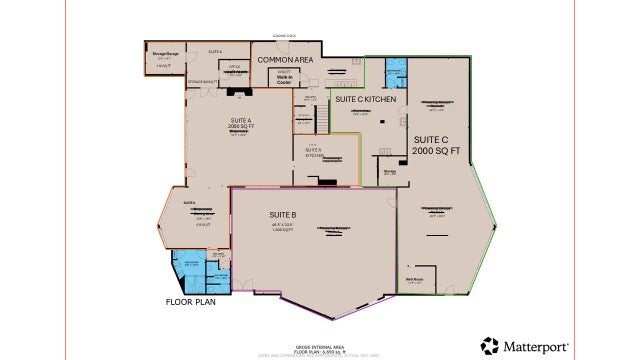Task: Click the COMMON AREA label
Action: tap(285, 61)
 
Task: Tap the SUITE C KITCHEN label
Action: tap(367, 101)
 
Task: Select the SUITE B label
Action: tap(283, 215)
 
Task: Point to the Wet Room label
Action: tap(414, 280)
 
